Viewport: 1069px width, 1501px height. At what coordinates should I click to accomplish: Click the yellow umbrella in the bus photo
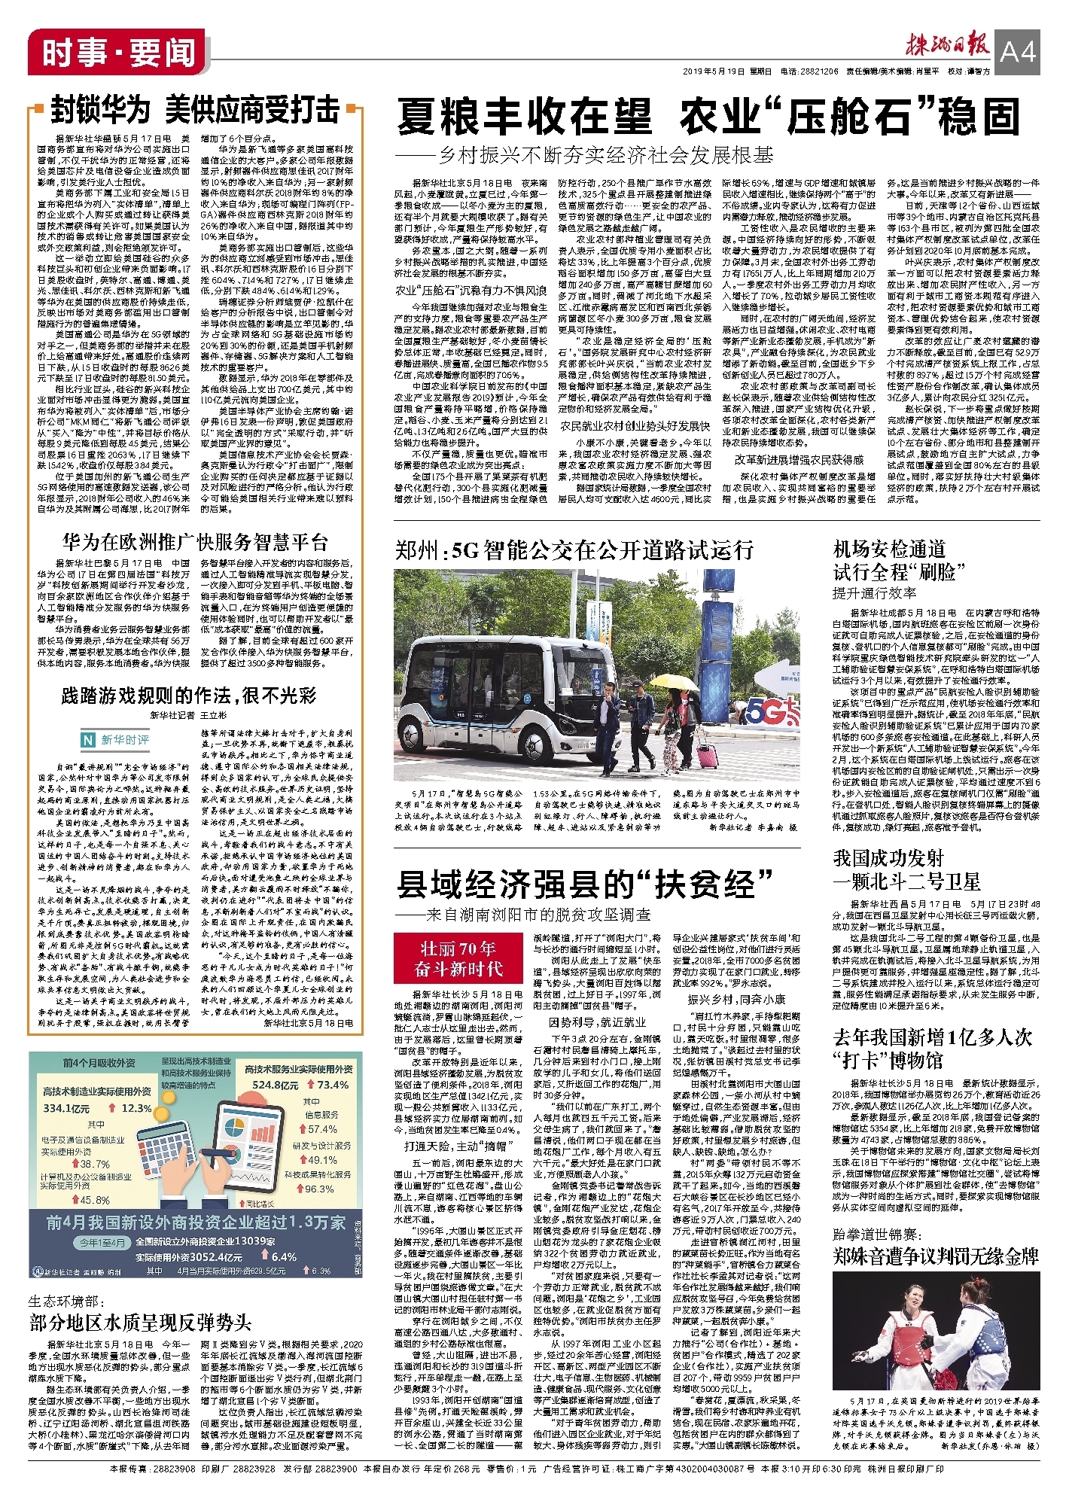671,681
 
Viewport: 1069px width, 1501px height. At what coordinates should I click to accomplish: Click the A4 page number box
1018,50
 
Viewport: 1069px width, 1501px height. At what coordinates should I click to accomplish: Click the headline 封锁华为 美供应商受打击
195,110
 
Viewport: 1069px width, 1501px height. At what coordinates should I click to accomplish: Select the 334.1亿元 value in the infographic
66,1108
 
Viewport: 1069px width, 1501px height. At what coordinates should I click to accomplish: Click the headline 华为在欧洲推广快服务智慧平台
195,542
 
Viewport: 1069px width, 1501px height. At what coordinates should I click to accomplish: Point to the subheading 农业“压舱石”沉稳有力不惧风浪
471,291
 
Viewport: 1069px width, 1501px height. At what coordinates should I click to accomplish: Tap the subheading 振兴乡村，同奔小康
736,999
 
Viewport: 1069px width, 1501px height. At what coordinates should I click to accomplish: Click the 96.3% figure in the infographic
319,1189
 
